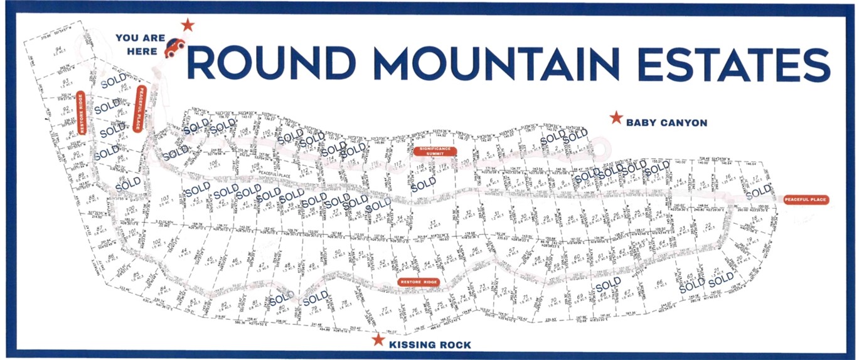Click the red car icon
tap(174, 47)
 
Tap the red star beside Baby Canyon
tap(616, 118)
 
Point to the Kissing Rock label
tap(429, 345)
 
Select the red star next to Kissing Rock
tap(378, 340)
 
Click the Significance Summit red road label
tap(435, 151)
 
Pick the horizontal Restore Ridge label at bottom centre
tap(419, 282)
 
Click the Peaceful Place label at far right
tap(806, 200)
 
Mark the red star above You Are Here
tap(187, 25)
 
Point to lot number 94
tap(58, 49)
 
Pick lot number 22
tap(708, 225)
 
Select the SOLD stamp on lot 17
tap(757, 190)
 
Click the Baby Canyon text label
tap(666, 123)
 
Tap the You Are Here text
tap(141, 45)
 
